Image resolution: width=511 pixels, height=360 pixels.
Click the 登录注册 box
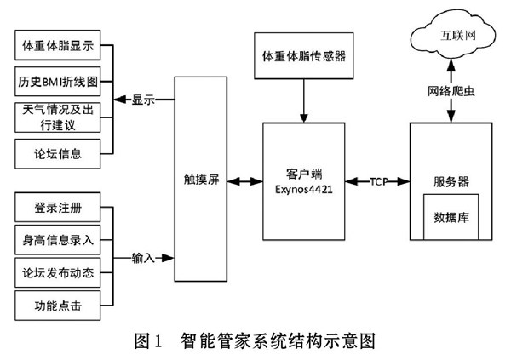point(58,209)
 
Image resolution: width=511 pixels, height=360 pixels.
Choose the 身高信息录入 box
point(58,240)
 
